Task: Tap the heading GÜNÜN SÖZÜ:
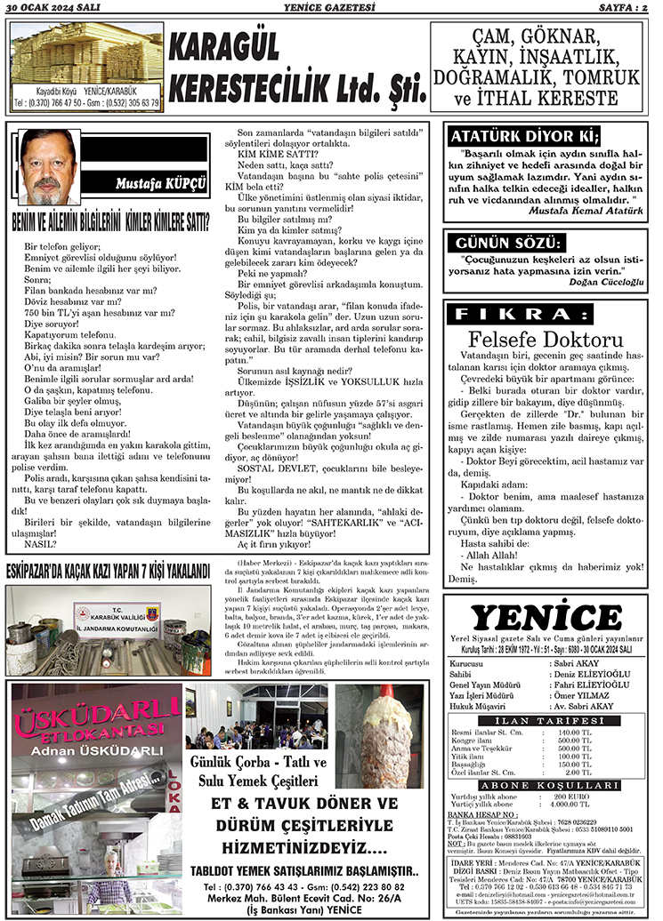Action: click(508, 243)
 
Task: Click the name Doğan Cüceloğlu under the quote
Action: click(605, 281)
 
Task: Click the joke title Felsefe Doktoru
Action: click(546, 339)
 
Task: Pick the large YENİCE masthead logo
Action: click(546, 618)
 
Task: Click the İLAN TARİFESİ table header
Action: click(547, 719)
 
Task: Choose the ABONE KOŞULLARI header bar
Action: click(547, 786)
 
